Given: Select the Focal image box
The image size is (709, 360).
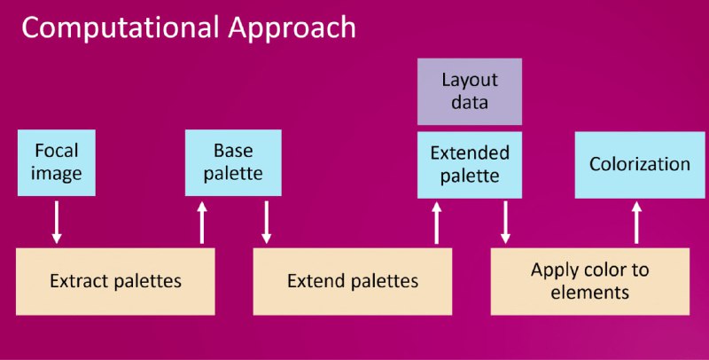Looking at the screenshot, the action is tap(57, 163).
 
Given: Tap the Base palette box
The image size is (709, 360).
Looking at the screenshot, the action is tap(233, 163).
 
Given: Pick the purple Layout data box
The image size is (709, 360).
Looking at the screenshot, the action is tap(470, 91).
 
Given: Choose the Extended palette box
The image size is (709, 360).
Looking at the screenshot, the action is tap(470, 165).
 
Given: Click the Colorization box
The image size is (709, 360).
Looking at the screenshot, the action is tap(640, 165).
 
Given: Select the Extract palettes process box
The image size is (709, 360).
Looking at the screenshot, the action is tap(115, 281).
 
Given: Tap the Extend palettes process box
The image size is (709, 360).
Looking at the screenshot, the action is tap(353, 281).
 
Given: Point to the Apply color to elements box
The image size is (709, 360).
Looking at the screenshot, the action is tap(590, 281).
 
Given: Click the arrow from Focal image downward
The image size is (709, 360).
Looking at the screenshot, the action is tap(57, 223).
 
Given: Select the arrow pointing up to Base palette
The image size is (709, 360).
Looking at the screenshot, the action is tap(202, 223).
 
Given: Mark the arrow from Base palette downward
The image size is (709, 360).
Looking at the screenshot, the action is tap(267, 223).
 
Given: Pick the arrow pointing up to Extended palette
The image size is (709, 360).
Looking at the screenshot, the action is tap(436, 223).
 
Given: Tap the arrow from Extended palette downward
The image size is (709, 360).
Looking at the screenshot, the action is tap(505, 223).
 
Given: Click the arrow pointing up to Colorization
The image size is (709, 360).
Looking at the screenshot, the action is tap(636, 223).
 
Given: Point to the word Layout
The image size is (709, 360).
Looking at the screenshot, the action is tap(470, 81).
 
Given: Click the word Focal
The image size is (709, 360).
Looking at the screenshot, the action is tap(57, 151).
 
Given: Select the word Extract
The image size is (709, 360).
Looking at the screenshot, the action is tap(80, 281).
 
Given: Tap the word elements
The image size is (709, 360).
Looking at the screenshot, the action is tap(589, 292).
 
